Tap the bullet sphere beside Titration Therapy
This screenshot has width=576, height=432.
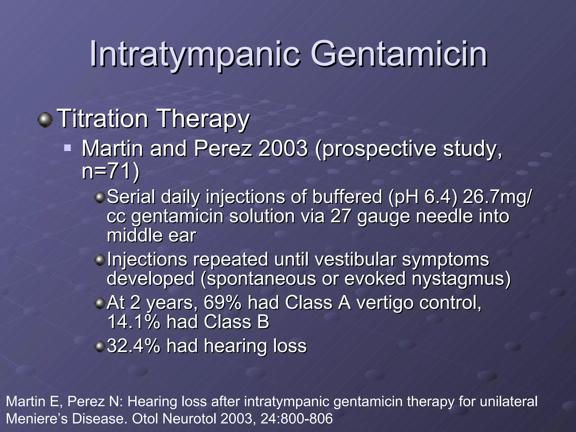pyautogui.click(x=45, y=120)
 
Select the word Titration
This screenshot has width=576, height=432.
pyautogui.click(x=103, y=119)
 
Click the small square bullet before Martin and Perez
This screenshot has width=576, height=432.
pyautogui.click(x=67, y=147)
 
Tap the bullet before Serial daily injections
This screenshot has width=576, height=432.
pyautogui.click(x=99, y=198)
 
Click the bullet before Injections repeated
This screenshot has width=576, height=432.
pyautogui.click(x=99, y=260)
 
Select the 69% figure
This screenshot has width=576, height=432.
pyautogui.click(x=222, y=303)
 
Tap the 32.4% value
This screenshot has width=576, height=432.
pyautogui.click(x=134, y=346)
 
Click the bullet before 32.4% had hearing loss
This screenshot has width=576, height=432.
pyautogui.click(x=99, y=346)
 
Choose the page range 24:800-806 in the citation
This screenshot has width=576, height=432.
pyautogui.click(x=296, y=418)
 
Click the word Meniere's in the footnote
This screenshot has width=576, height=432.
pyautogui.click(x=37, y=418)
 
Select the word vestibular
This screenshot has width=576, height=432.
pyautogui.click(x=355, y=259)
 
